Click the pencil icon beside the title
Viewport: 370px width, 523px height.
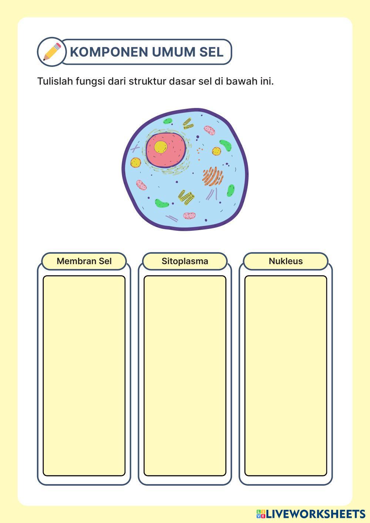[52, 52]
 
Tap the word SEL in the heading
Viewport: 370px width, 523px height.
[211, 52]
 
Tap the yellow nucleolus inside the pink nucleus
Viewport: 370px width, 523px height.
[161, 147]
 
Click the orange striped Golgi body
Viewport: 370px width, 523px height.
[212, 176]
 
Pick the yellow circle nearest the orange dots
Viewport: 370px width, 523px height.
[216, 151]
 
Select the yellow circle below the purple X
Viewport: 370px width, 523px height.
[136, 162]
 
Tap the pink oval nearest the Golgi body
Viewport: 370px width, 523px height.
[209, 130]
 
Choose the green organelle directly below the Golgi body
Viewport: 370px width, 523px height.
[231, 190]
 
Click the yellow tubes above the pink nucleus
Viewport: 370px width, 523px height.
[188, 124]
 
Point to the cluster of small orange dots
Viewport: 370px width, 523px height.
[200, 151]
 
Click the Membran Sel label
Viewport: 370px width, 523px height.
[84, 261]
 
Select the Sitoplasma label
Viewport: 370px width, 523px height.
[185, 261]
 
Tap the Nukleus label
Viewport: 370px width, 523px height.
[286, 261]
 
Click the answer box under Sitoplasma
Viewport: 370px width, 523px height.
[185, 375]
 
